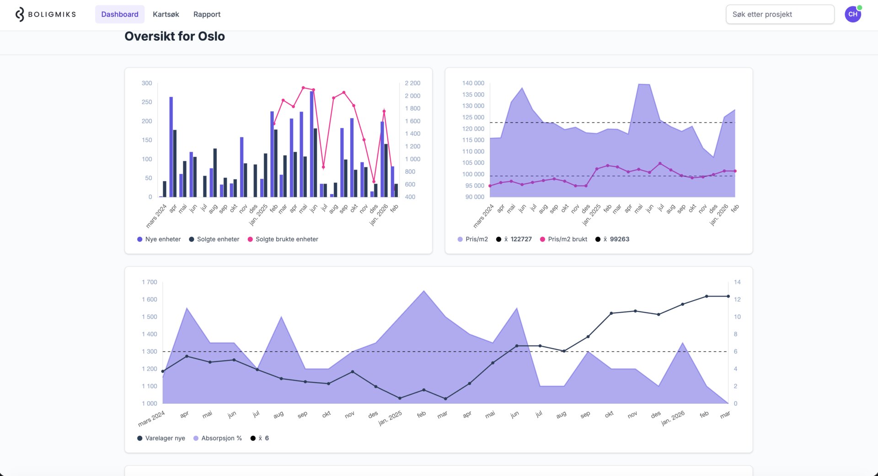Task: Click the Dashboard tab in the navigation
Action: click(x=119, y=14)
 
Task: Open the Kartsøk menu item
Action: click(x=166, y=14)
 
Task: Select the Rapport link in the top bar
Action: click(x=207, y=14)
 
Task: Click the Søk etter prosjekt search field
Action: click(x=780, y=14)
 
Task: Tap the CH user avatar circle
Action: click(x=852, y=14)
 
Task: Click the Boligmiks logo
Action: click(x=46, y=14)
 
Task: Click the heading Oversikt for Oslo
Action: click(x=174, y=37)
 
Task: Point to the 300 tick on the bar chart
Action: click(x=147, y=83)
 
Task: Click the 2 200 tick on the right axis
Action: click(x=412, y=83)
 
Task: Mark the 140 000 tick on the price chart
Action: click(x=473, y=83)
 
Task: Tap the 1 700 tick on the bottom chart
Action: click(x=150, y=282)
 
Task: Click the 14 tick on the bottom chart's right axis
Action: click(x=737, y=282)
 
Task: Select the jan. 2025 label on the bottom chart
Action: click(x=390, y=418)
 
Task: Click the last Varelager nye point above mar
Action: click(x=728, y=296)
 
